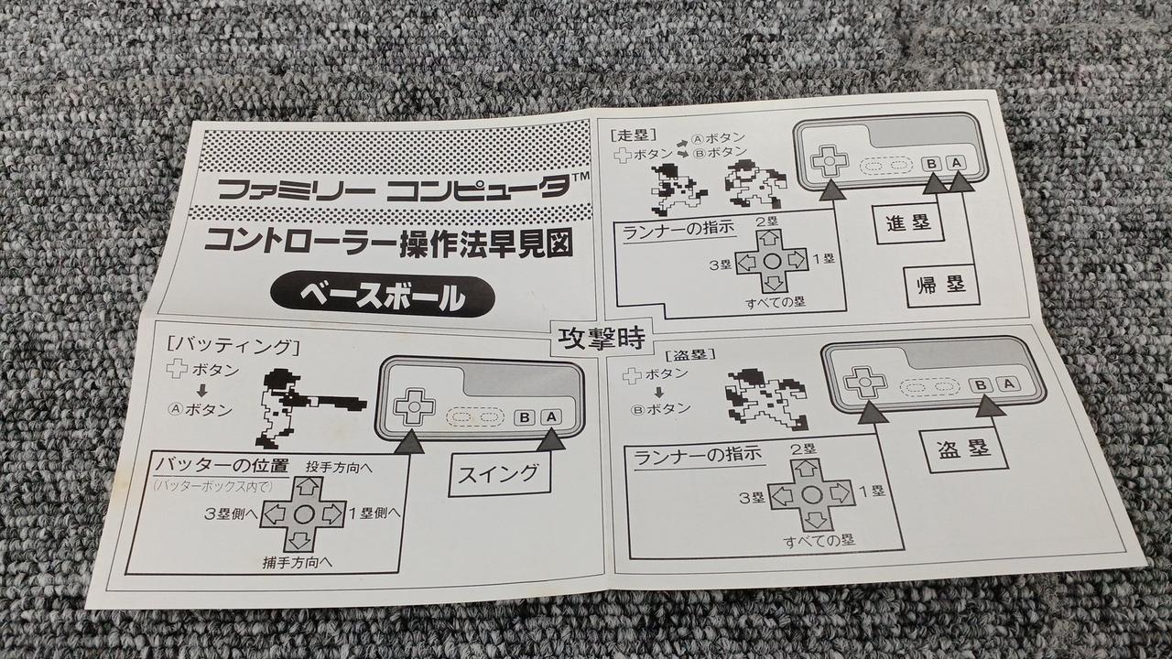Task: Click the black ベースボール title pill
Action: click(x=382, y=297)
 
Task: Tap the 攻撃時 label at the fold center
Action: click(x=601, y=339)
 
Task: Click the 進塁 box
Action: click(x=908, y=224)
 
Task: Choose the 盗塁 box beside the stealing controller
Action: click(x=964, y=449)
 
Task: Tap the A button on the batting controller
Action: click(x=550, y=417)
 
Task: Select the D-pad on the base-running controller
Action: click(x=830, y=160)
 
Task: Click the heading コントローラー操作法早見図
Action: click(x=388, y=245)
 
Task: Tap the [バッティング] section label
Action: click(x=233, y=346)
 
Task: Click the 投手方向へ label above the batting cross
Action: click(x=339, y=467)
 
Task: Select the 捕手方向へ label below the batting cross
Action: click(x=298, y=562)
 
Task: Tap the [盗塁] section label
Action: click(x=690, y=355)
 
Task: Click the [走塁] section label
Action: click(x=633, y=135)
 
